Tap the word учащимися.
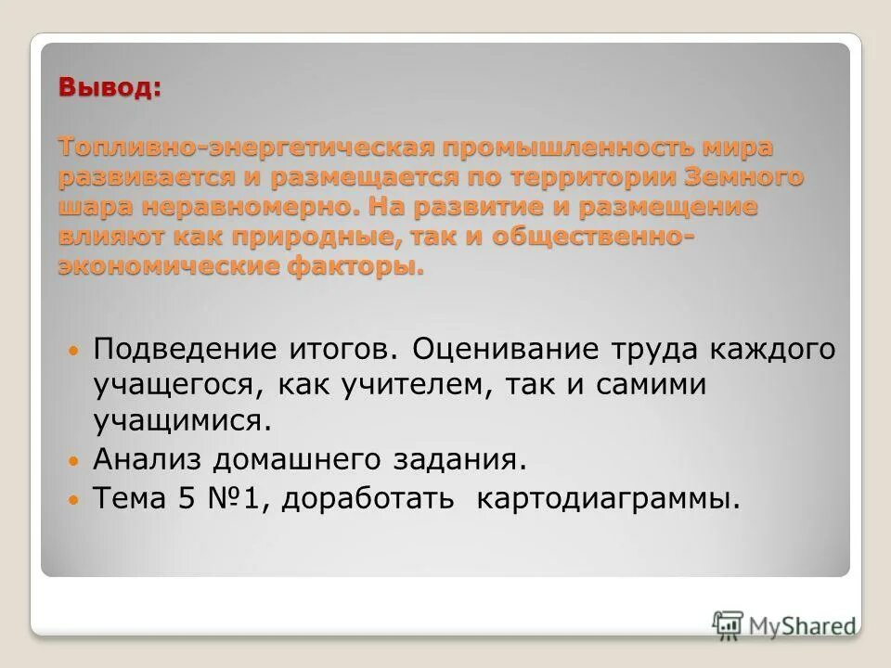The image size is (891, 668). click(x=183, y=419)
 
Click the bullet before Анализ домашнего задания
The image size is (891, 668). click(x=76, y=460)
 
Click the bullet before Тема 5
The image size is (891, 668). click(x=76, y=500)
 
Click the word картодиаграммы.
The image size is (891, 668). click(x=610, y=500)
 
